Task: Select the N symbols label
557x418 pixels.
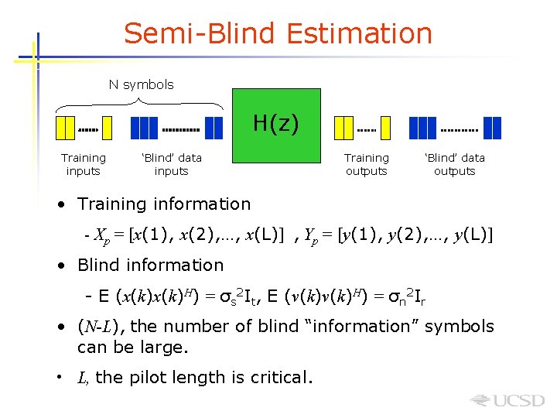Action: (141, 84)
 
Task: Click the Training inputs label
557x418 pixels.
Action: (84, 164)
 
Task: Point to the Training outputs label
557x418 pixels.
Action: (366, 164)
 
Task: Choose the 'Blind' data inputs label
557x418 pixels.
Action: (171, 164)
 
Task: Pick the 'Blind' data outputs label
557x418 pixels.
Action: (454, 164)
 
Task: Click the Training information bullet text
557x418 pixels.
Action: (164, 204)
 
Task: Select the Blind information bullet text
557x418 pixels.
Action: (150, 265)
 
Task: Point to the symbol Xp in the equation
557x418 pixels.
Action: (102, 234)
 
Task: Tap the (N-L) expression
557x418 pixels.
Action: (97, 327)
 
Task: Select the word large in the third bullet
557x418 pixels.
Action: (164, 348)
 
